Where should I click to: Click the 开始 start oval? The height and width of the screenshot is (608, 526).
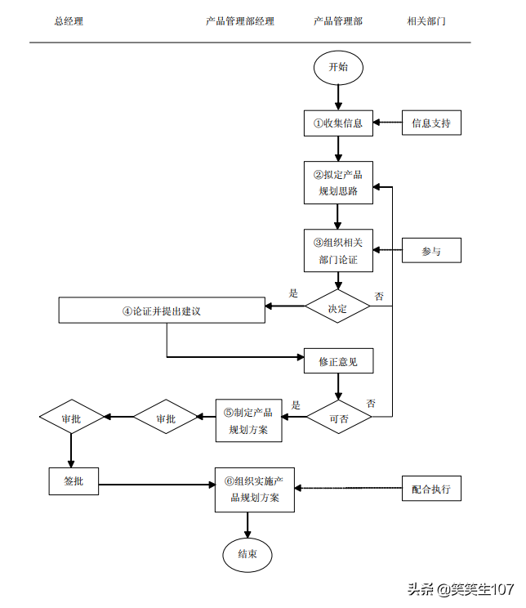338,67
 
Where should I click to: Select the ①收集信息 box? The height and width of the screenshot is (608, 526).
338,123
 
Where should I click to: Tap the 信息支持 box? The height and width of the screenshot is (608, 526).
431,123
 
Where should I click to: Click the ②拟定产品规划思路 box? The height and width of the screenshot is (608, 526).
338,183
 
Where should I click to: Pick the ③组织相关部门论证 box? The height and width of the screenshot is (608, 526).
338,250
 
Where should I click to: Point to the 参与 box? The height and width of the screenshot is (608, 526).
431,251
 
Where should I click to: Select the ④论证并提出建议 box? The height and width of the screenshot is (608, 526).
162,311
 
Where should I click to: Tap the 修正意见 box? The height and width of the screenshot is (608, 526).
338,360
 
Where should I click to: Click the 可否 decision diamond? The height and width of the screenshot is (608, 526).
339,418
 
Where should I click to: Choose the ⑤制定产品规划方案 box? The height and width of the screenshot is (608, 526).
248,420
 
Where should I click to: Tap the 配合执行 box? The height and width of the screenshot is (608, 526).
431,489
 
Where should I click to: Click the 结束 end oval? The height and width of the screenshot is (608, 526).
247,554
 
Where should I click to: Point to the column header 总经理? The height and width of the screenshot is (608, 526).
69,21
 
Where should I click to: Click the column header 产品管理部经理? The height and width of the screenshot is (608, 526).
240,21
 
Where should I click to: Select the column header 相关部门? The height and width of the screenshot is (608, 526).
426,21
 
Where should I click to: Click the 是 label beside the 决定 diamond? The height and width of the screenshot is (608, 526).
294,293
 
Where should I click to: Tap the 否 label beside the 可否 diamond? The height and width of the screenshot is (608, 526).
372,404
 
